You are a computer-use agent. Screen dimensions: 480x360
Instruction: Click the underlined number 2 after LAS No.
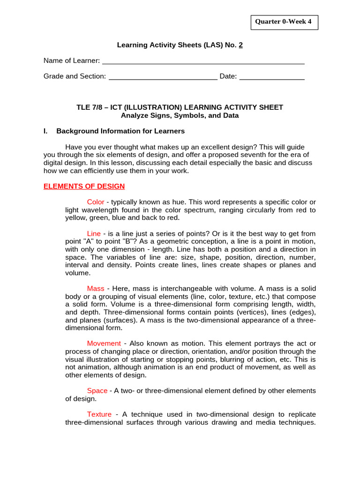pyautogui.click(x=241, y=45)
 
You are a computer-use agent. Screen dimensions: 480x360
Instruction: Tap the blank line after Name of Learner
pyautogui.click(x=203, y=61)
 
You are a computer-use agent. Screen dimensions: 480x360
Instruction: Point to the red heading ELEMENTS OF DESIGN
pyautogui.click(x=84, y=186)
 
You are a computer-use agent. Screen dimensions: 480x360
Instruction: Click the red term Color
pyautogui.click(x=96, y=202)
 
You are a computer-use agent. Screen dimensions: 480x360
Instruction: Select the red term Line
pyautogui.click(x=94, y=233)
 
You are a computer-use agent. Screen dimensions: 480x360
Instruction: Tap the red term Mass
pyautogui.click(x=96, y=288)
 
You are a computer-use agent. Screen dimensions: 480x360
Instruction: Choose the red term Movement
pyautogui.click(x=104, y=344)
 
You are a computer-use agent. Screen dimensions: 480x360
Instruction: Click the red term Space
pyautogui.click(x=97, y=390)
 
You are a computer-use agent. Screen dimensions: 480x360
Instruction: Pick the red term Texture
pyautogui.click(x=99, y=414)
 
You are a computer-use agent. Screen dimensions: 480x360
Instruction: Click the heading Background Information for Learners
pyautogui.click(x=120, y=131)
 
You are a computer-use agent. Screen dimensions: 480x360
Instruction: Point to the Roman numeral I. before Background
pyautogui.click(x=45, y=131)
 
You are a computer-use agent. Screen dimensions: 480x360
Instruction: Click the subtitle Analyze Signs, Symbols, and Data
pyautogui.click(x=180, y=115)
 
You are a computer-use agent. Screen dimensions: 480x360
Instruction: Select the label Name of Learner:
pyautogui.click(x=72, y=61)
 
